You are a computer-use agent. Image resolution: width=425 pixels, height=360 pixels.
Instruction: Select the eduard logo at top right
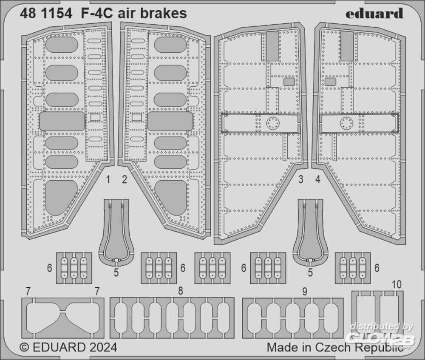[374, 14]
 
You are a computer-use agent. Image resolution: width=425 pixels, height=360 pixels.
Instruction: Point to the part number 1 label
[108, 180]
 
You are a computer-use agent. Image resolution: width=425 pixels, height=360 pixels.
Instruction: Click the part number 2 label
[124, 180]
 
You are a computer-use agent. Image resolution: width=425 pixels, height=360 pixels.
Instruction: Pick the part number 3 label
[300, 180]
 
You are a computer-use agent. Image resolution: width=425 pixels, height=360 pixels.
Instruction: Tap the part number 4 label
[317, 180]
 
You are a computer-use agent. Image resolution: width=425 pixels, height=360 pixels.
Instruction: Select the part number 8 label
[181, 292]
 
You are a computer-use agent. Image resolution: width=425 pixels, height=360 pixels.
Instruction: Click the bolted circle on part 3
[272, 123]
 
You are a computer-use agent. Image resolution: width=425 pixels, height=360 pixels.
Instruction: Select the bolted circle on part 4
[346, 123]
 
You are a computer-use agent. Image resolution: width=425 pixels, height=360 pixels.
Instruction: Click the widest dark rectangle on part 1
[62, 122]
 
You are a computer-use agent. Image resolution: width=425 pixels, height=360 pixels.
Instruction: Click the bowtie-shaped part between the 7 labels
[62, 318]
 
